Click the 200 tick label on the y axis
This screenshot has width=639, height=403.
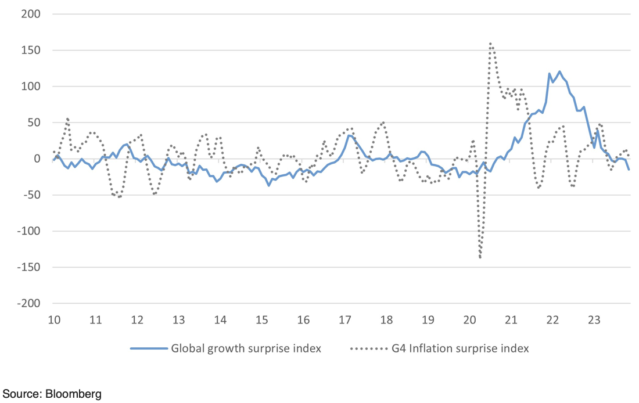(30, 14)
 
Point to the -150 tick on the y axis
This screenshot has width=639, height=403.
(27, 268)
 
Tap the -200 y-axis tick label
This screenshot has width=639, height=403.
(27, 304)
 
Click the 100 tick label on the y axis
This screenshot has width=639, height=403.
(30, 87)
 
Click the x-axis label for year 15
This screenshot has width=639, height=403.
(262, 320)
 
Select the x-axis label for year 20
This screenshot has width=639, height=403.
(469, 320)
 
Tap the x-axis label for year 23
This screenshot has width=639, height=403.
(594, 320)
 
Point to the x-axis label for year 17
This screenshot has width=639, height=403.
(345, 320)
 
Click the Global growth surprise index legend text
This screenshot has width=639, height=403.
(246, 348)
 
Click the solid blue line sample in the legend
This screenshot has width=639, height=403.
(148, 348)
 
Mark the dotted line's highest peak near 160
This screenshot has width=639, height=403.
(491, 43)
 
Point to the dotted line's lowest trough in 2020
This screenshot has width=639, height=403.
(480, 257)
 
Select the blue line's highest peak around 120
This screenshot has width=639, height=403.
(559, 71)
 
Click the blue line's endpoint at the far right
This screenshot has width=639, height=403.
(629, 169)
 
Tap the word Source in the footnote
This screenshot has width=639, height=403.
(21, 393)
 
